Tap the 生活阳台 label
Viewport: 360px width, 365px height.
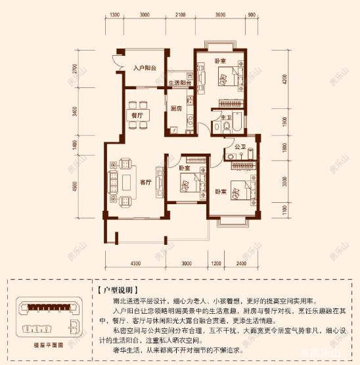pos(179,83)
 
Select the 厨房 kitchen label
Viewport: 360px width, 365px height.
pos(176,108)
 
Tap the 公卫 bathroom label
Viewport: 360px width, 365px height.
pos(240,148)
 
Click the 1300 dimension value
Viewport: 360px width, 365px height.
pos(114,15)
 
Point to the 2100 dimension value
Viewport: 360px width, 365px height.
pos(179,15)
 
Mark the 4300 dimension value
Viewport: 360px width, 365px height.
pos(135,263)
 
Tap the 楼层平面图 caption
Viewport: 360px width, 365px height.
pos(49,343)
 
